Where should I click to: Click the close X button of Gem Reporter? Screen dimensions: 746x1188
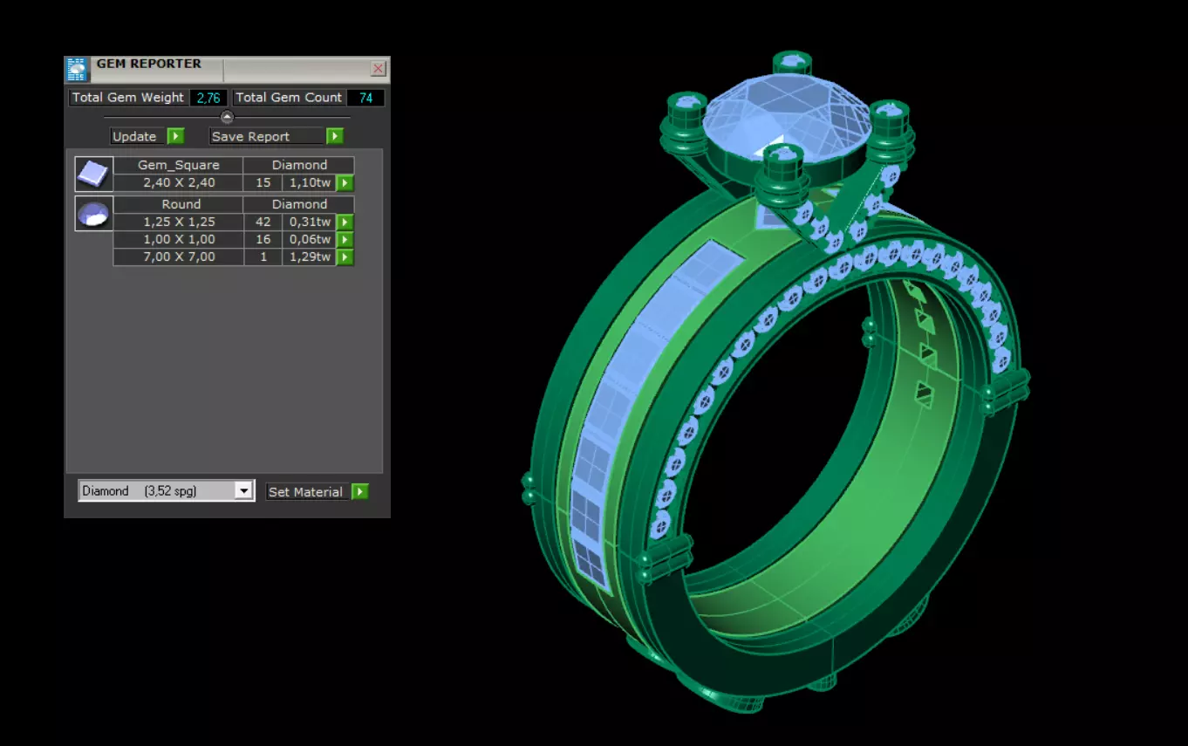tap(379, 68)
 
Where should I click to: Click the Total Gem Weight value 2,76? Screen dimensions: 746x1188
tap(208, 98)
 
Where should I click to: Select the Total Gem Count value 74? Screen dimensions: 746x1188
tap(365, 98)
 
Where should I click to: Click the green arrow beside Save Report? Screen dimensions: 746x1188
tap(335, 136)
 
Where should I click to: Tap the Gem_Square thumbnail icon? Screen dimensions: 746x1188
tap(93, 174)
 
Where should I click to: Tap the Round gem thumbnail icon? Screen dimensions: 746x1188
tap(93, 214)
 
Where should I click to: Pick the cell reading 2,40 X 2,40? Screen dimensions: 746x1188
tap(179, 183)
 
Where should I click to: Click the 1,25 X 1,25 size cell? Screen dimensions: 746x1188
tap(179, 222)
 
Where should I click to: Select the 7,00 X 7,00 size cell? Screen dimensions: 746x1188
tap(179, 257)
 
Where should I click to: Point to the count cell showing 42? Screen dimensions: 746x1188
tap(263, 222)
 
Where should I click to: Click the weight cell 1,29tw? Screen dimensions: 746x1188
tap(310, 257)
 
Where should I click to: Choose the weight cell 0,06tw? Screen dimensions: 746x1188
tap(310, 240)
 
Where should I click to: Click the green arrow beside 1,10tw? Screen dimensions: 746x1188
tap(345, 183)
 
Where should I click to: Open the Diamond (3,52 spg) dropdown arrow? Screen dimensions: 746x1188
tap(243, 491)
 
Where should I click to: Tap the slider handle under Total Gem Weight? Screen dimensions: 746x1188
tap(227, 117)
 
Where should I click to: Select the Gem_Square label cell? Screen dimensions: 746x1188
tap(179, 165)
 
